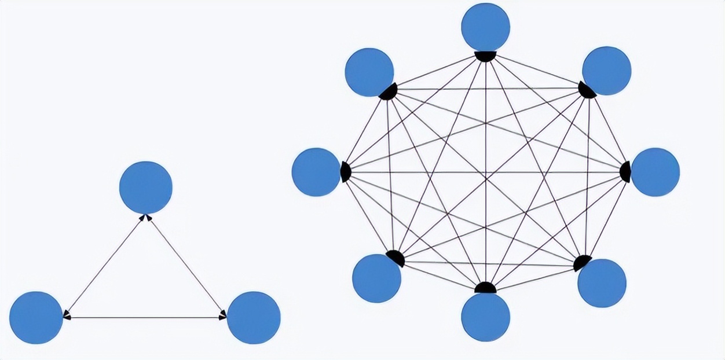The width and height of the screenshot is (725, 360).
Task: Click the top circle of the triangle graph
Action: (145, 188)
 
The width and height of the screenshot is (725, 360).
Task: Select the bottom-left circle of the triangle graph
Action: (36, 317)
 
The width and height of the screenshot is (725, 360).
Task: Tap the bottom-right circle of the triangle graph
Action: (254, 317)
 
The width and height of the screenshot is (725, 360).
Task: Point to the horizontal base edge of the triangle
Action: (145, 317)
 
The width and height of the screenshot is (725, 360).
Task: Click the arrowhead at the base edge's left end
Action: (67, 317)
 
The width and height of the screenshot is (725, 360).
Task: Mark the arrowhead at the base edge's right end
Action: (223, 317)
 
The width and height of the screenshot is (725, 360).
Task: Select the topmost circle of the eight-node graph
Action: (486, 27)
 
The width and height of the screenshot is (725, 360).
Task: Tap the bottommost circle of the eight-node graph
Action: (486, 317)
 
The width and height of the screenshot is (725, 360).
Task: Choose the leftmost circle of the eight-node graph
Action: (316, 172)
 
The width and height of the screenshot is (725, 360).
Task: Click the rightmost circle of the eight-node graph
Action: (655, 172)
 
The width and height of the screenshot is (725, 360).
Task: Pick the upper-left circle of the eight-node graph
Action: (369, 72)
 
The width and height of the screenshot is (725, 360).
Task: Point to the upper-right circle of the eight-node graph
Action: (606, 71)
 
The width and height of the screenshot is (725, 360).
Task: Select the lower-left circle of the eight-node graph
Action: (376, 278)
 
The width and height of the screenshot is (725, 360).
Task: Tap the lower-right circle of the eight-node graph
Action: (602, 283)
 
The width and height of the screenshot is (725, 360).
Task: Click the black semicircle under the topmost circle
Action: (485, 56)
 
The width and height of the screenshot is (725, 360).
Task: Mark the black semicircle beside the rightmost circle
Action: (625, 172)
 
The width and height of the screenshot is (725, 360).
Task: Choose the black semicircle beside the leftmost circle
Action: (346, 172)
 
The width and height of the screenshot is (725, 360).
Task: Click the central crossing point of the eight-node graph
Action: (486, 172)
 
